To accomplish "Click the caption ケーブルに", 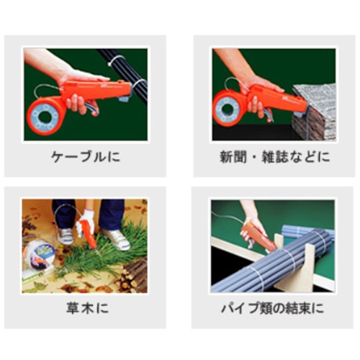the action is coord(86,157).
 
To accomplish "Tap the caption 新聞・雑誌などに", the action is coord(275,157).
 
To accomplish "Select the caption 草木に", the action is coord(87,308).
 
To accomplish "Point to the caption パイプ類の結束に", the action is coord(272,308).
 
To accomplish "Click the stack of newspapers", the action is coord(315,112).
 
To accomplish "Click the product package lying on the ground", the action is coord(40,256).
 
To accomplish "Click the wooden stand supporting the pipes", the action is coord(294,265).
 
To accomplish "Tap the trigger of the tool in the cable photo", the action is coord(91,109).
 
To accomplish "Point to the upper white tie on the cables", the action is coord(117,60).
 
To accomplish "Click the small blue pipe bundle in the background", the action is coord(308,232).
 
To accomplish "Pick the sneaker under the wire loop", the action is coord(66,236).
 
